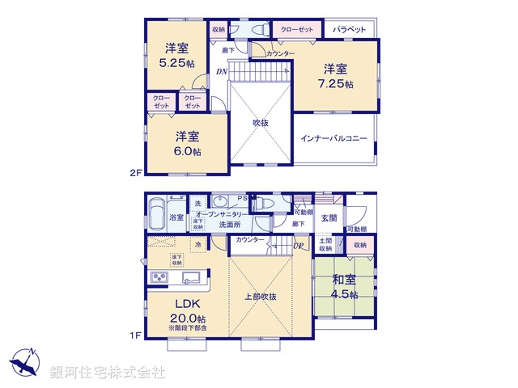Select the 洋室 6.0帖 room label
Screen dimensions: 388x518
(x=187, y=143)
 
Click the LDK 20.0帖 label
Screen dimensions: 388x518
(x=187, y=311)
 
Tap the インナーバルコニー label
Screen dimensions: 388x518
(x=334, y=138)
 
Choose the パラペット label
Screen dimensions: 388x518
(x=350, y=29)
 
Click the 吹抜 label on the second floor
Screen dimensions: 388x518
(x=260, y=123)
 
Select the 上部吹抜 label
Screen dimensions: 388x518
(x=261, y=297)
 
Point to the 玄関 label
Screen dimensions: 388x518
(x=329, y=217)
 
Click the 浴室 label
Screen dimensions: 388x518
(x=176, y=218)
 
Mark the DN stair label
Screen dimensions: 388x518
(x=221, y=73)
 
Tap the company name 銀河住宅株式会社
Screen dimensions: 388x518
(x=108, y=373)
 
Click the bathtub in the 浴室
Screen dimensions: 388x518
(x=156, y=213)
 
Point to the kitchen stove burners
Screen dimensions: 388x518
(x=156, y=279)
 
